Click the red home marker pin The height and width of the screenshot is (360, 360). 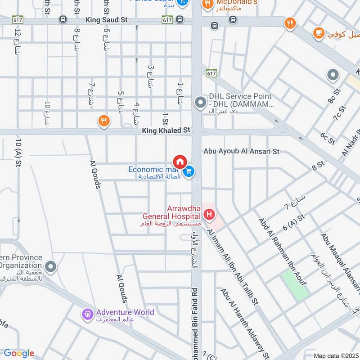coord(180,161)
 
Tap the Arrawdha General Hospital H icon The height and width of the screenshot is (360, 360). coord(209,216)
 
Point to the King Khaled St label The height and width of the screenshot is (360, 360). coord(166,130)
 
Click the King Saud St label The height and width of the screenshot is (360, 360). coord(107,20)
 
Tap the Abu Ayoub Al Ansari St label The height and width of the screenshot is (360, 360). coord(241,152)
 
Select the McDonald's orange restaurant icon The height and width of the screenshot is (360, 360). coord(207,4)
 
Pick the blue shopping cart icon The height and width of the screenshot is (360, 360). coord(189,171)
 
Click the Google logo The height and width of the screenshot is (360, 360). coord(19,353)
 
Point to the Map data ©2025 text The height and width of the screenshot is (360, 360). coord(335,355)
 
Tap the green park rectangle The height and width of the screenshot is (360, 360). coord(295,286)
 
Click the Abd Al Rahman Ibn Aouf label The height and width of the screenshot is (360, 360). coord(282,251)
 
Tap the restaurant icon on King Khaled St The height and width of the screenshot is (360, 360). coord(104,121)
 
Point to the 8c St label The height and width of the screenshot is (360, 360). coord(335,96)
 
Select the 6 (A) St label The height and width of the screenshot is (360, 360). coord(295,222)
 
